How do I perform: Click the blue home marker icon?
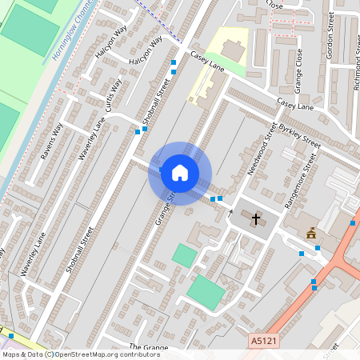180,173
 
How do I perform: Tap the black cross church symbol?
257,218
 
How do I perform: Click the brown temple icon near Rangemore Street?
311,233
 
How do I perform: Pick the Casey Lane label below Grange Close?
295,105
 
